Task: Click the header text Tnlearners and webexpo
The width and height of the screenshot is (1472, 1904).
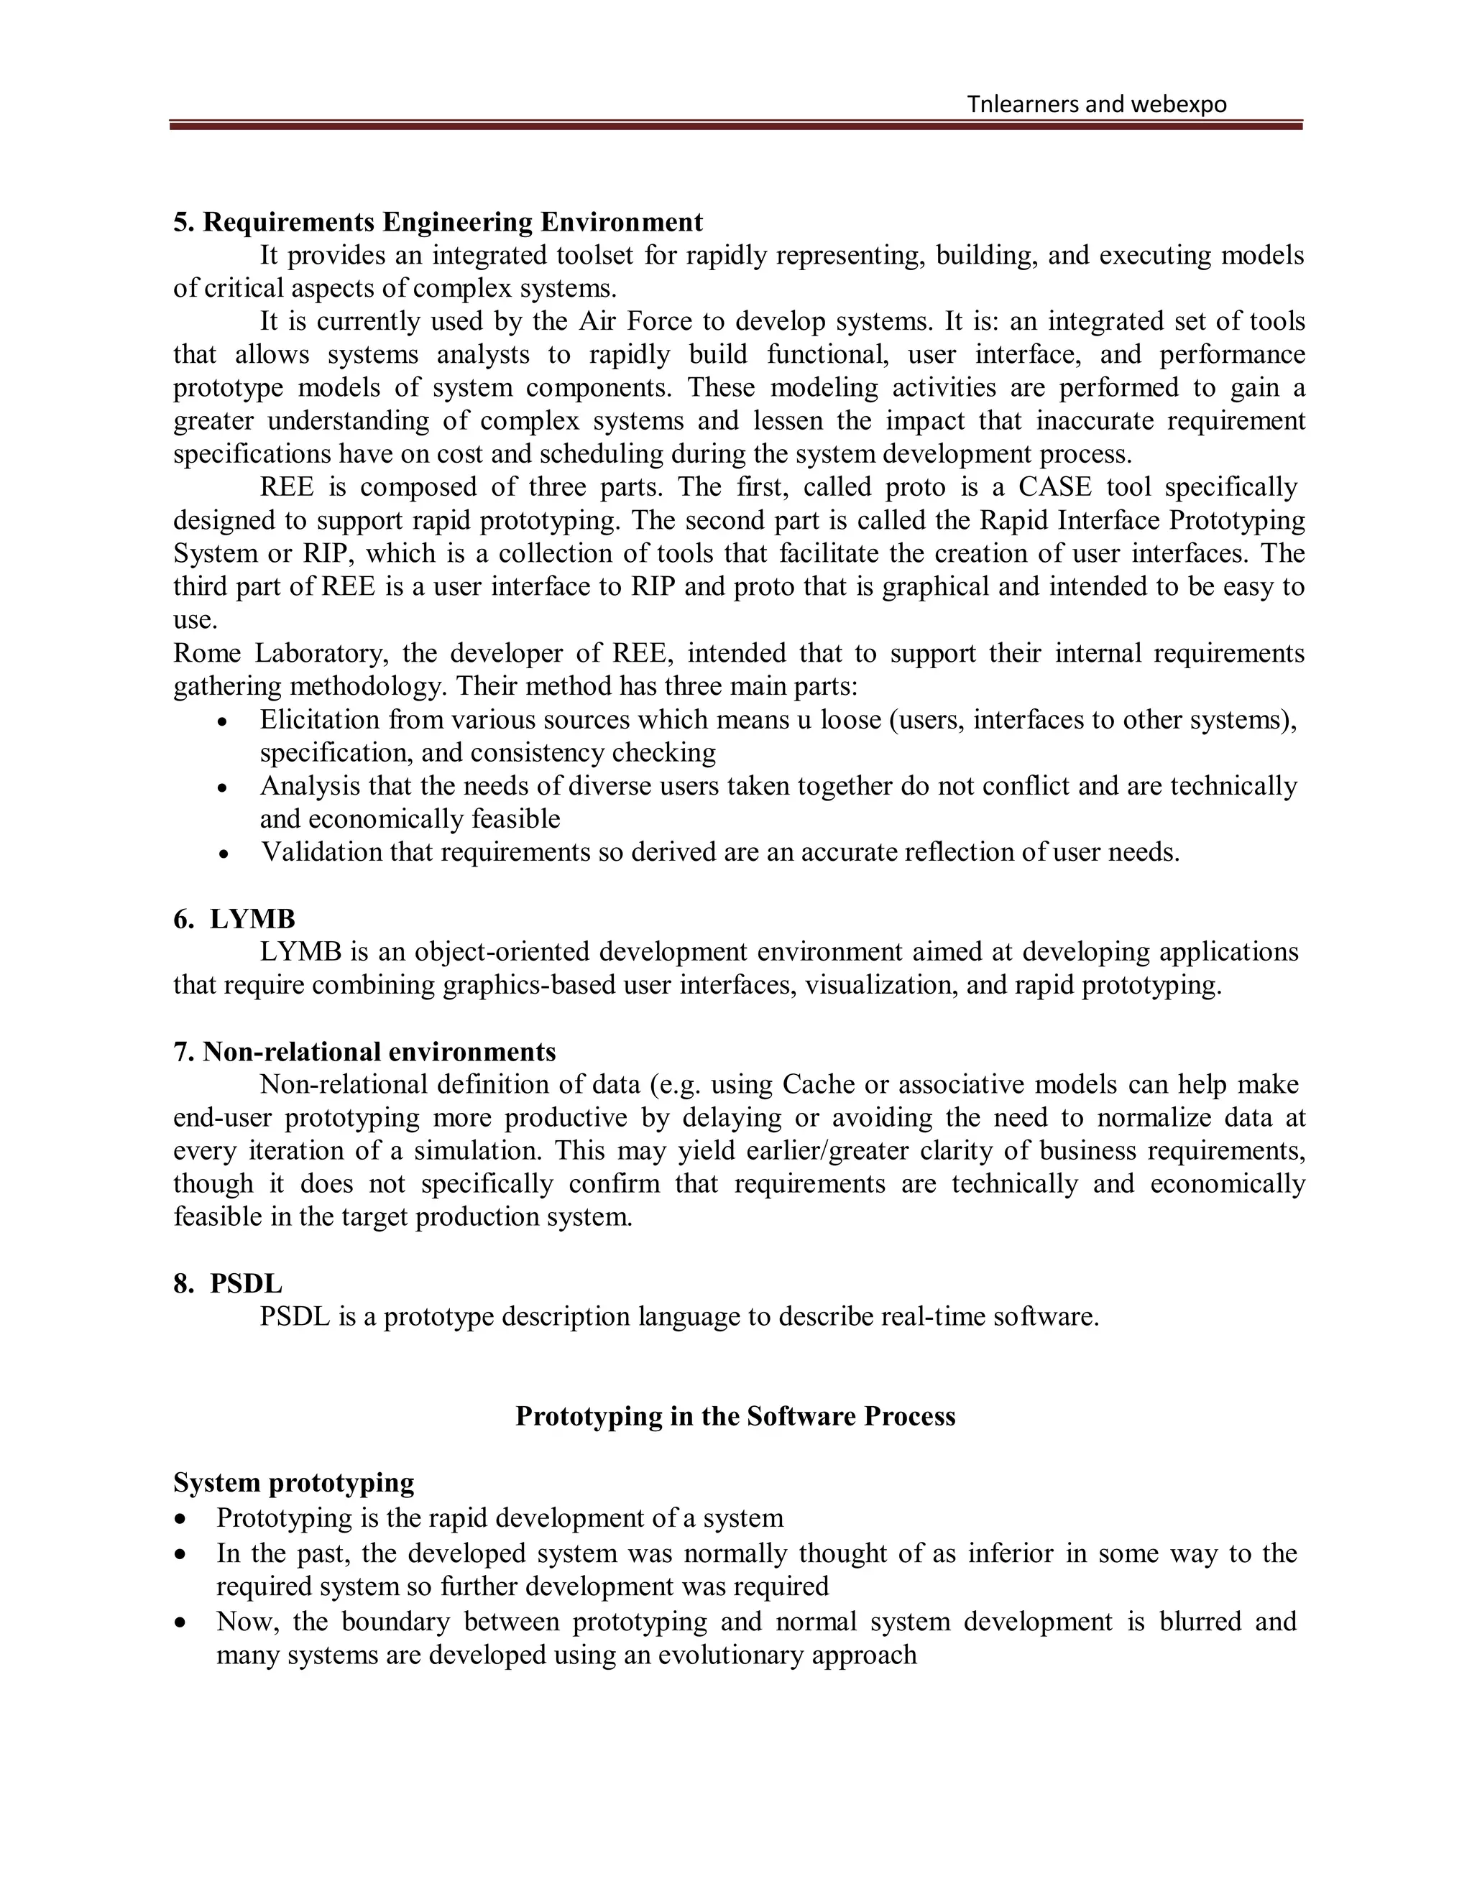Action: (1096, 105)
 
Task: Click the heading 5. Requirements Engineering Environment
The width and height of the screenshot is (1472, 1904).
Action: (438, 222)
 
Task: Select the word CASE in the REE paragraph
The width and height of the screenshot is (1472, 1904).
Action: (1054, 486)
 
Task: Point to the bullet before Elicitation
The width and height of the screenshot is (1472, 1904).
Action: (224, 724)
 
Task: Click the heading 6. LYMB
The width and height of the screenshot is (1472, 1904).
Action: (234, 919)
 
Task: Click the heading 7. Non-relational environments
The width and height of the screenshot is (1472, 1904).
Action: (364, 1053)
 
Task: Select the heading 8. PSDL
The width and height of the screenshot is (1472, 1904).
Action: (228, 1283)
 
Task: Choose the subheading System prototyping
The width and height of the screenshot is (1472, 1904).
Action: (293, 1483)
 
